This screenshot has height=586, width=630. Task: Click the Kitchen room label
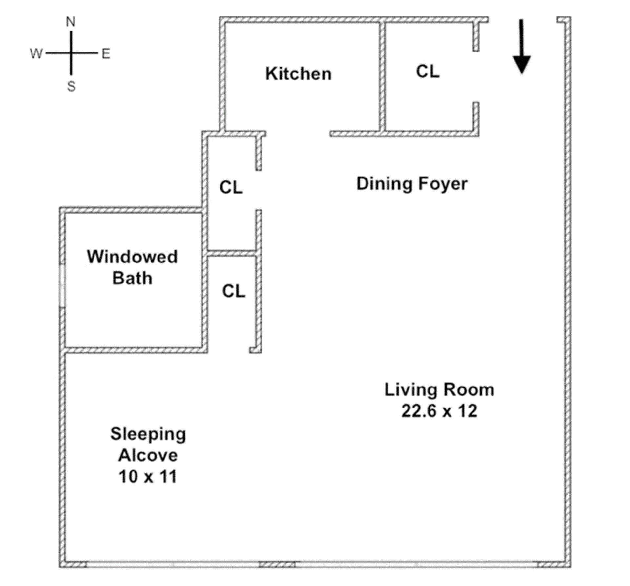coord(298,73)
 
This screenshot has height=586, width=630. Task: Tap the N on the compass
coord(71,22)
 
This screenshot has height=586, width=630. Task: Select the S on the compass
coord(71,86)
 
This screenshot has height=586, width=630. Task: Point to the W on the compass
coord(36,53)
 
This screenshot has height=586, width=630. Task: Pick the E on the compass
coord(106,54)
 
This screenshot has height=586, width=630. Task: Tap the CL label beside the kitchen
coord(428,71)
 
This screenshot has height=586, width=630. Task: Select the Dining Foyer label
coord(412,184)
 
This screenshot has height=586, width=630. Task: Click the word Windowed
coord(132,257)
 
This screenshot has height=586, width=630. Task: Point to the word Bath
coord(132,278)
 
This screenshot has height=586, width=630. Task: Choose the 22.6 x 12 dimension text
coord(439,411)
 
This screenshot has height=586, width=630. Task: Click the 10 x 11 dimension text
coord(148,476)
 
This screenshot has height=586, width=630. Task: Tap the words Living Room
coord(439,390)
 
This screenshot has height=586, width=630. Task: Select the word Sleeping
coord(148,434)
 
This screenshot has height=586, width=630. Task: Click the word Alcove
coord(148,455)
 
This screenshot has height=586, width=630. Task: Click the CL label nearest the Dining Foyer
coord(231,187)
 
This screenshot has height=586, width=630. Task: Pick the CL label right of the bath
coord(234,291)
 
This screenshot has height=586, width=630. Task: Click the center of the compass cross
coord(71,53)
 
